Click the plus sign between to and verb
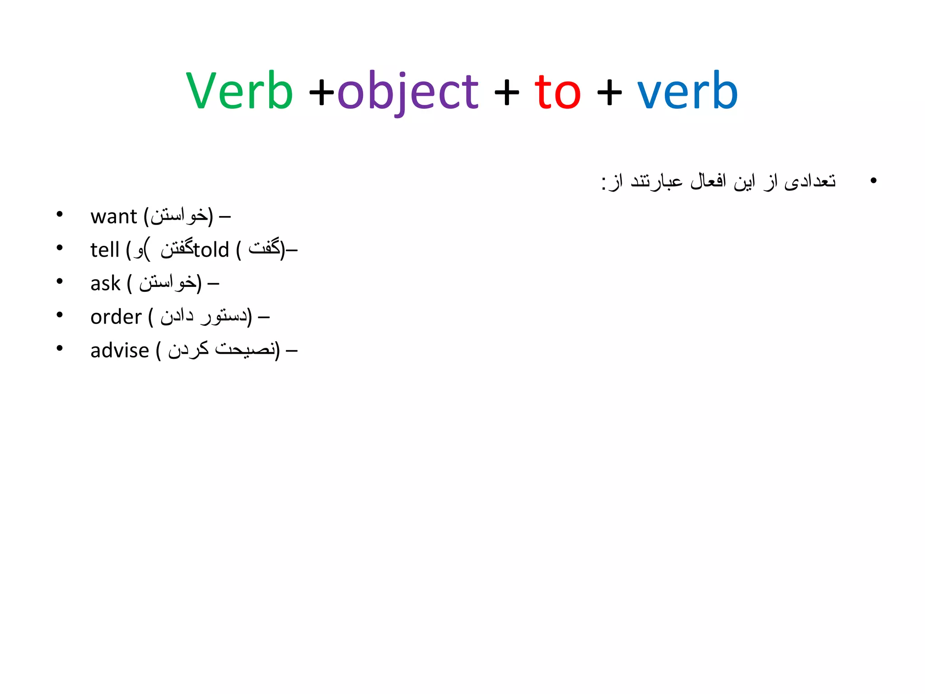(x=609, y=93)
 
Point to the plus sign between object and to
(x=507, y=93)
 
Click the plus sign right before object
(x=322, y=93)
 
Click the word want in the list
(x=113, y=216)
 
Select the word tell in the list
(x=105, y=250)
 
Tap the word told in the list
(x=211, y=250)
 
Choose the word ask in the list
(x=105, y=284)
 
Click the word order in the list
(x=116, y=317)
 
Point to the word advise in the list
(x=120, y=351)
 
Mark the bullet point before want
(x=60, y=214)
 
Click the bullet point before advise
(x=60, y=348)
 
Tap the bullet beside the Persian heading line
(x=873, y=181)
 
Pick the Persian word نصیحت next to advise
(x=245, y=349)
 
